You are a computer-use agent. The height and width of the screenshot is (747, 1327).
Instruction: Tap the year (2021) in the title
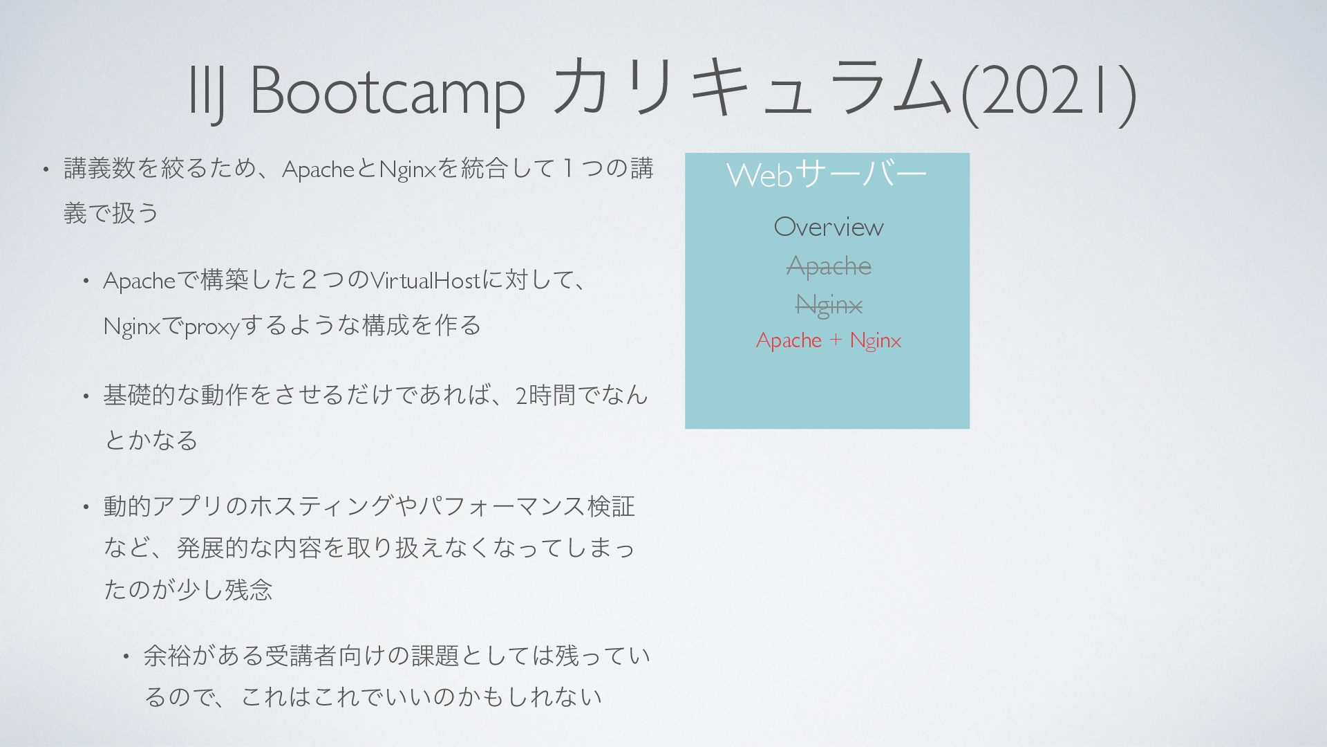1049,92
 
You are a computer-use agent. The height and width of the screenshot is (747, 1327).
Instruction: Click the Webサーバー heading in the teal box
827,174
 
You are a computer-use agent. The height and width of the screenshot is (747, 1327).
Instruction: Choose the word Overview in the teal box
829,227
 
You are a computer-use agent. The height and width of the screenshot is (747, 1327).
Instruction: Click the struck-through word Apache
829,266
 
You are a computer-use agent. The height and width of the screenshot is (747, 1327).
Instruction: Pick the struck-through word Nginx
829,305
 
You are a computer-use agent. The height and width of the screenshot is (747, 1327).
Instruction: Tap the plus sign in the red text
836,340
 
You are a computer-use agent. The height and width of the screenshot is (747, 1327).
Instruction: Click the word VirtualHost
425,281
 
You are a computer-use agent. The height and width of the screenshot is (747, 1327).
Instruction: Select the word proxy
211,326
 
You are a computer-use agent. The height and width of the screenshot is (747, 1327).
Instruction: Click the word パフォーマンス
502,506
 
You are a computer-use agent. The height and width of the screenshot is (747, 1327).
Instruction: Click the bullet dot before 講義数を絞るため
46,169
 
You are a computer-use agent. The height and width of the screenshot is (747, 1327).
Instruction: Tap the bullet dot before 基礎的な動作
86,396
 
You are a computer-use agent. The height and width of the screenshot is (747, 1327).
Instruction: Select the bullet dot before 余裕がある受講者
126,656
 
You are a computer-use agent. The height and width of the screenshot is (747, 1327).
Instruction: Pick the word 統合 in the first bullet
484,169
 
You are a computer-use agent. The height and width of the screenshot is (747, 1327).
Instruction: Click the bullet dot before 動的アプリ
86,507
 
